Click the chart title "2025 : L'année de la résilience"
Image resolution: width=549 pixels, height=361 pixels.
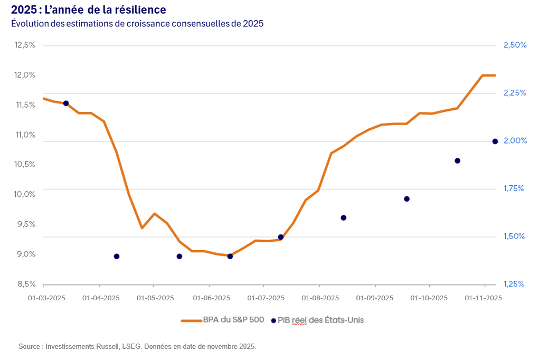click(88, 9)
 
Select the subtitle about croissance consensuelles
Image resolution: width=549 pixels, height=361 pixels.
click(137, 24)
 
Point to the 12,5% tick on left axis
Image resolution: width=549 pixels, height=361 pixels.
click(25, 45)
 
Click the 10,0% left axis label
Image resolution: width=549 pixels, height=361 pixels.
click(25, 194)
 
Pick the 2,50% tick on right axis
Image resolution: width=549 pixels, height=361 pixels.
click(515, 45)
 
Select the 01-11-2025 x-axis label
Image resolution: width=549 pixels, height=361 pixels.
click(483, 298)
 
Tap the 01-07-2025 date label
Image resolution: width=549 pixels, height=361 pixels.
click(266, 298)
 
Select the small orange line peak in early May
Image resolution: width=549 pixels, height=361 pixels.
click(154, 213)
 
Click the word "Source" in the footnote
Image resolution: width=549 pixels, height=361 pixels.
click(29, 347)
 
